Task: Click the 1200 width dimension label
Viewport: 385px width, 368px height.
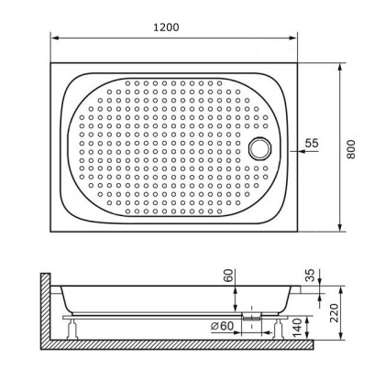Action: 166,27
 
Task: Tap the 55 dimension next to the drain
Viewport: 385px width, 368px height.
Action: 311,144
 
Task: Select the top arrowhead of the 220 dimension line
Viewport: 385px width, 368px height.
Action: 322,287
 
